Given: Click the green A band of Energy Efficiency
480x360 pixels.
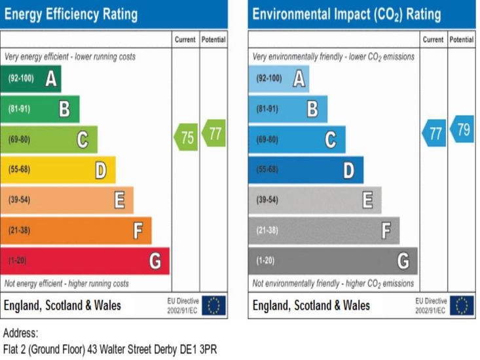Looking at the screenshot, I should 30,79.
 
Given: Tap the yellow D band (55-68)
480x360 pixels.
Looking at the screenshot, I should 58,170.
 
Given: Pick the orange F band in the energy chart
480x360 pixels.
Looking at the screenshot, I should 75,230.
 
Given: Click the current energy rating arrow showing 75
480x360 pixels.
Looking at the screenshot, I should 185,137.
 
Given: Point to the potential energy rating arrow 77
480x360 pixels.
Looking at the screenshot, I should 213,134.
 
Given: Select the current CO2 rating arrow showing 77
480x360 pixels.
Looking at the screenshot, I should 434,134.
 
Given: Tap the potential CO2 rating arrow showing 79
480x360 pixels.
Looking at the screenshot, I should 462,129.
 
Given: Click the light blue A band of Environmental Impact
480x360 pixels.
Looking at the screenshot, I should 278,79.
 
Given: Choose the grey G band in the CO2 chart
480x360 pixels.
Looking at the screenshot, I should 332,261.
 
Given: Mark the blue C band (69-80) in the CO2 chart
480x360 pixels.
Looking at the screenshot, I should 297,139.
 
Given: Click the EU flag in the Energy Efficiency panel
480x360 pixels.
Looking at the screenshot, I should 213,305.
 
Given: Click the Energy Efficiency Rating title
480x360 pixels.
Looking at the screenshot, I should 71,14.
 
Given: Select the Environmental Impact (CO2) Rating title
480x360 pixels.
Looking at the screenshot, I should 346,14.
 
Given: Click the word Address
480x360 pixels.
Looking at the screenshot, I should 21,333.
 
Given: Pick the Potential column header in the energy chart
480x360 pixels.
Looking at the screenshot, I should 213,40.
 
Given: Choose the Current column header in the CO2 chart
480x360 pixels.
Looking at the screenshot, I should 434,40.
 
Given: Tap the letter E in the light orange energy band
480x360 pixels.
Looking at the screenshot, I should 120,200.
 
